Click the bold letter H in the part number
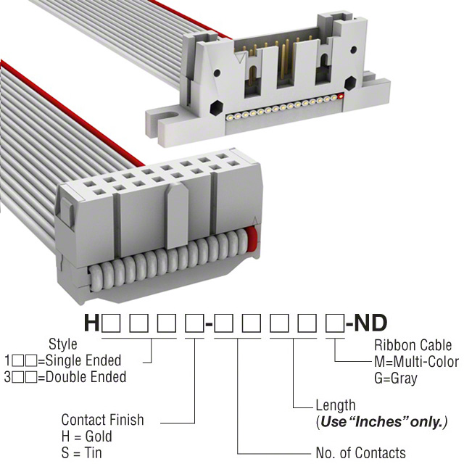(x=92, y=323)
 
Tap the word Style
(x=62, y=344)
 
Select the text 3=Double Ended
(x=65, y=377)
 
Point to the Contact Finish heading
(x=102, y=420)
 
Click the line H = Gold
(x=87, y=436)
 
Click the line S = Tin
(x=82, y=453)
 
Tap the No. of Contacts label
(x=360, y=453)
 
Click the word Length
(x=336, y=405)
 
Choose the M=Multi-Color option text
(x=416, y=362)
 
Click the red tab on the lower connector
(x=253, y=239)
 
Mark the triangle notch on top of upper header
(x=239, y=54)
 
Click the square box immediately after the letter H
(x=111, y=323)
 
